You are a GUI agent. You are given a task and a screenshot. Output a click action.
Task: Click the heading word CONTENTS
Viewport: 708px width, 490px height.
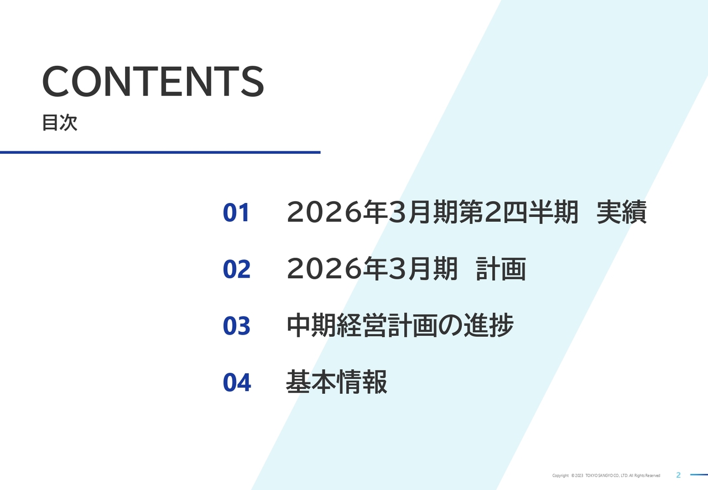tap(153, 82)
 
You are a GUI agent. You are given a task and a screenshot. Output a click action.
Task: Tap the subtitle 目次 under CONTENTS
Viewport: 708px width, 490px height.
tap(60, 123)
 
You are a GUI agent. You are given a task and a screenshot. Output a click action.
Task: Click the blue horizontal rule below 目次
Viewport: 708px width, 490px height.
tap(160, 152)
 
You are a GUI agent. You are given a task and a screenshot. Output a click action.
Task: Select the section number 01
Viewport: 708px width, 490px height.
tap(236, 213)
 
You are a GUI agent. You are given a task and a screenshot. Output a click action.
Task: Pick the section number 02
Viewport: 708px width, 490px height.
tap(236, 269)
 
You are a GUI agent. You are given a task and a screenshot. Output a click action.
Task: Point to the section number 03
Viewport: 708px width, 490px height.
tap(236, 326)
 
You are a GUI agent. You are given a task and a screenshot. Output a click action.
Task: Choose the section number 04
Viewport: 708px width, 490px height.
tap(236, 383)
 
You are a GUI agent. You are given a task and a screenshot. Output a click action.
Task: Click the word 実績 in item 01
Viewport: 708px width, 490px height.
tap(621, 213)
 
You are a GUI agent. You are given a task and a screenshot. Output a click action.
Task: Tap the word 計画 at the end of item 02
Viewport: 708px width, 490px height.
tap(501, 269)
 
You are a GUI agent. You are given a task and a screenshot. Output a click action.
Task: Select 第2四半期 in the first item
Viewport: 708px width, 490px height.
tap(519, 213)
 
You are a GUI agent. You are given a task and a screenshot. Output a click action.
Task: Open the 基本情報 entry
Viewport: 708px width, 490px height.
tap(336, 383)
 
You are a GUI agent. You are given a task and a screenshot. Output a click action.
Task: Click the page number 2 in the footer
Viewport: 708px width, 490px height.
tap(679, 475)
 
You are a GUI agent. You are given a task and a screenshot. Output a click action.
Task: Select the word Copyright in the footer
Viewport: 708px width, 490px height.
tap(560, 476)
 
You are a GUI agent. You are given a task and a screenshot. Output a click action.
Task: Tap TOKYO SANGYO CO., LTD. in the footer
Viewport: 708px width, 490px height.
tap(606, 476)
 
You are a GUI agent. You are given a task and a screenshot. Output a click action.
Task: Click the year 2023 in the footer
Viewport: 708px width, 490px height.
tap(579, 476)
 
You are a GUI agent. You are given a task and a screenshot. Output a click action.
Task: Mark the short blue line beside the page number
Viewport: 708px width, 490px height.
tap(699, 475)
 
